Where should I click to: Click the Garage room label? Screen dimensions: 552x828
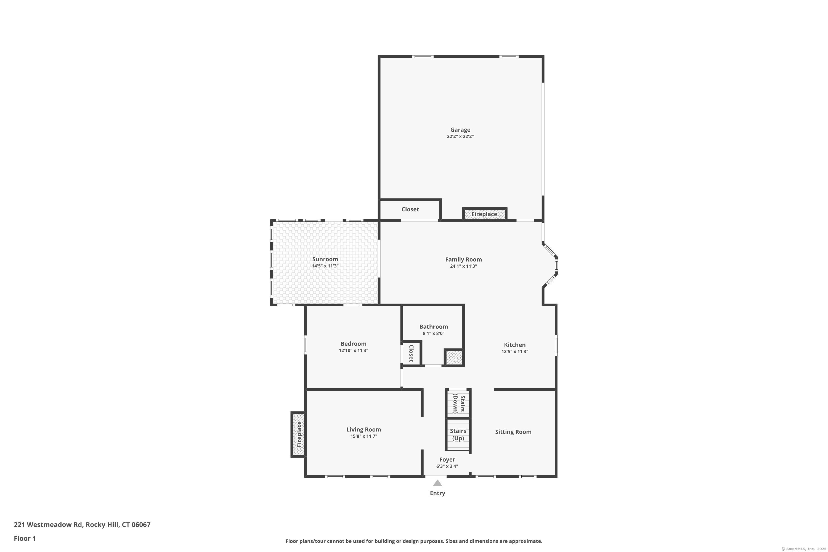[460, 129]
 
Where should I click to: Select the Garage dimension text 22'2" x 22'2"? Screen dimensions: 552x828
[460, 137]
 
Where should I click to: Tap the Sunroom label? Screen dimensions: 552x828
[325, 259]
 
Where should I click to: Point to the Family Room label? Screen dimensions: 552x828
[463, 259]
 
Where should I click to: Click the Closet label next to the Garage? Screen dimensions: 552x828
[410, 209]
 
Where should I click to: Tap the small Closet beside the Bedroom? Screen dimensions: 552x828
[411, 353]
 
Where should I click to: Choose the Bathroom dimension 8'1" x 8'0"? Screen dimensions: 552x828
[433, 333]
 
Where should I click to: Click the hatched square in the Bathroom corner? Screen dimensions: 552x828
[454, 358]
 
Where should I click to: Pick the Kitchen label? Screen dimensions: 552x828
[515, 345]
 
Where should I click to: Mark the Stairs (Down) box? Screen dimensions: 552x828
[458, 404]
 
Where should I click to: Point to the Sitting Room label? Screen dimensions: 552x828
[513, 432]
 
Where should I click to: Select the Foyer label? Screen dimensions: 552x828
[447, 460]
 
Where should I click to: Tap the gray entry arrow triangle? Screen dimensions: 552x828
[437, 483]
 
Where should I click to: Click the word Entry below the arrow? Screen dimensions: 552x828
[437, 493]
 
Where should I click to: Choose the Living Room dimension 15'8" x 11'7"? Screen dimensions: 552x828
[364, 436]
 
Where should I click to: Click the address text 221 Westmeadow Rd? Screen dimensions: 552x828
[48, 525]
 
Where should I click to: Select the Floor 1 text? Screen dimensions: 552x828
[25, 538]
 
